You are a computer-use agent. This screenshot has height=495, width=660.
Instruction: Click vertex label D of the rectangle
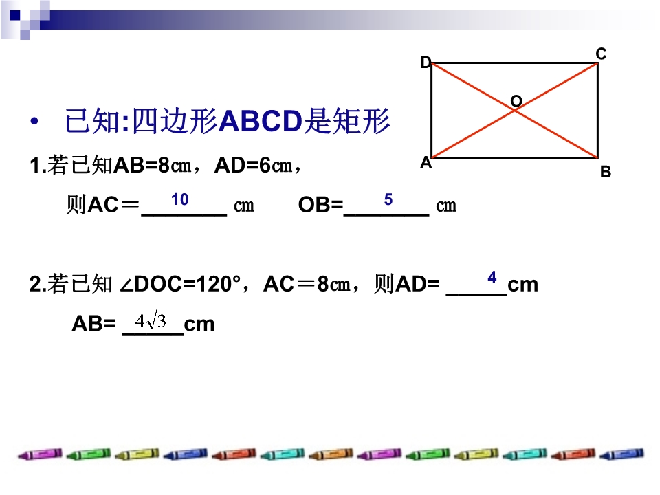(426, 63)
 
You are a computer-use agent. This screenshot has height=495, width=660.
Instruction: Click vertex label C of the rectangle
(601, 54)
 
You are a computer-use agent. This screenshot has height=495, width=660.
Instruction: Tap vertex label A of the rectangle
(426, 162)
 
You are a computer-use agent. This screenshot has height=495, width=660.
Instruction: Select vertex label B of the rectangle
(606, 172)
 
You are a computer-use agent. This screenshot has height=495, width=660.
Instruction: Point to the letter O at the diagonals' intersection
(516, 101)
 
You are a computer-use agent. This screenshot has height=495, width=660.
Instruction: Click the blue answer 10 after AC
(179, 199)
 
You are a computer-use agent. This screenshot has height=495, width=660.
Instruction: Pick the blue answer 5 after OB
(388, 199)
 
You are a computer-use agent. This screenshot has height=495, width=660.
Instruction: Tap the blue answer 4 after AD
(492, 277)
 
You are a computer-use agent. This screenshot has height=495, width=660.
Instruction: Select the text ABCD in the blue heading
(261, 121)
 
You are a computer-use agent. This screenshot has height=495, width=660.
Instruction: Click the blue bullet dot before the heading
(34, 122)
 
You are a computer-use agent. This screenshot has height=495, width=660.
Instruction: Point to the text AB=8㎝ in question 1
(153, 165)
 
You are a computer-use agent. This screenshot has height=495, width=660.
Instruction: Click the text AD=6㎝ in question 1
(254, 165)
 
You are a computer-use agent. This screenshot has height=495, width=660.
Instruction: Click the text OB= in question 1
(321, 205)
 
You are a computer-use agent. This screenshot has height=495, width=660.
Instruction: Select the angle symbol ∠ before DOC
(126, 285)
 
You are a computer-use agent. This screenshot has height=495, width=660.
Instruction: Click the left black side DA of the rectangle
(432, 111)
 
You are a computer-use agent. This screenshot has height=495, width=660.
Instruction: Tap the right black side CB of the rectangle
(597, 111)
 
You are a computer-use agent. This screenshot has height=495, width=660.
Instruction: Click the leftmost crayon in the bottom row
(40, 454)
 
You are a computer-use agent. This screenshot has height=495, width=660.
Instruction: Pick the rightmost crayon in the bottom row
(621, 454)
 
